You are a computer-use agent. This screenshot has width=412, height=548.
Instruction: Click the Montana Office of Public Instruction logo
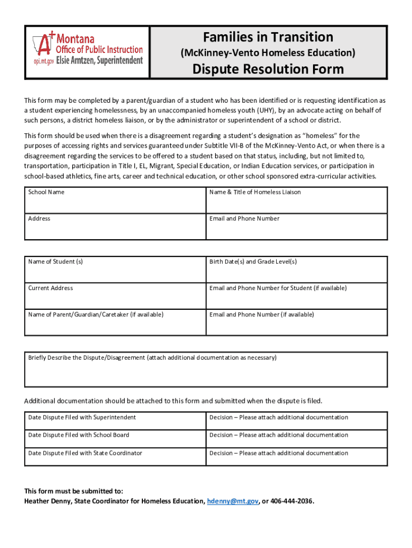pyautogui.click(x=86, y=50)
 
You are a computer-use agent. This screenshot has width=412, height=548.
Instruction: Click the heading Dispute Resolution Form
pyautogui.click(x=268, y=69)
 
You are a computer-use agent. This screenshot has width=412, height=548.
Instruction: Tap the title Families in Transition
pyautogui.click(x=268, y=37)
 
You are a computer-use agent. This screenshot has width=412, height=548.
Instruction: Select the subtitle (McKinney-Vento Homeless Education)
pyautogui.click(x=268, y=52)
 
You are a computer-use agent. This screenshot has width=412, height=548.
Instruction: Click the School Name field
pyautogui.click(x=115, y=201)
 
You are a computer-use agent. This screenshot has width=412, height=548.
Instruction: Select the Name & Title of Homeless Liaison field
pyautogui.click(x=296, y=201)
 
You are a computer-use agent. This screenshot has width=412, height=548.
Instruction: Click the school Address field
pyautogui.click(x=115, y=227)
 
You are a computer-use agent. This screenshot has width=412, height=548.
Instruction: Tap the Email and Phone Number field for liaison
pyautogui.click(x=296, y=227)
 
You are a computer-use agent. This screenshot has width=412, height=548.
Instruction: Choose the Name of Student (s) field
pyautogui.click(x=115, y=270)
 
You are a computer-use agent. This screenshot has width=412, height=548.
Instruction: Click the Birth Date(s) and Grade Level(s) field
pyautogui.click(x=296, y=270)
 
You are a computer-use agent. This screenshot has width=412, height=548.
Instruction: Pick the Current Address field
pyautogui.click(x=115, y=296)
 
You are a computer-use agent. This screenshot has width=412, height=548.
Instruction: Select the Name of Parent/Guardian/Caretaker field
pyautogui.click(x=115, y=323)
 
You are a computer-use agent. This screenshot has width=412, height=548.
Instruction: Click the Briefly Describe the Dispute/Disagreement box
pyautogui.click(x=206, y=370)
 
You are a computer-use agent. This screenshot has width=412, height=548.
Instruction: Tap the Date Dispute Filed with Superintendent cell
pyautogui.click(x=115, y=421)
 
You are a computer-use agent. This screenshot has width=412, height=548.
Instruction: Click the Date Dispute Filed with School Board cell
pyautogui.click(x=115, y=439)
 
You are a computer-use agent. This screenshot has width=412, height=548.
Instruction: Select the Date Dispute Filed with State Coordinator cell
pyautogui.click(x=115, y=456)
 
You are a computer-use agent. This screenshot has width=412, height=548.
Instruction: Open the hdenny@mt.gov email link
pyautogui.click(x=233, y=501)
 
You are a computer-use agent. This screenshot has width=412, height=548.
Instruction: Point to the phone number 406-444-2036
pyautogui.click(x=292, y=501)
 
